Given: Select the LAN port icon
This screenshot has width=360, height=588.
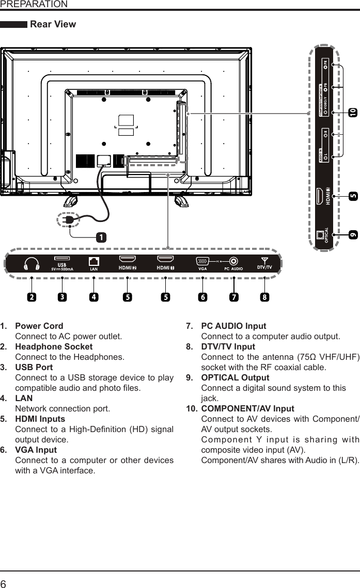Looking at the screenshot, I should (x=94, y=261).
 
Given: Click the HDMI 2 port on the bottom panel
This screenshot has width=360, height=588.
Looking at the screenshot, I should (x=128, y=260).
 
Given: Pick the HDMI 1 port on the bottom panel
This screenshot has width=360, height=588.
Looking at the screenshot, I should (x=165, y=260).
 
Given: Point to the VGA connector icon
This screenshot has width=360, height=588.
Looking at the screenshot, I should (x=202, y=261).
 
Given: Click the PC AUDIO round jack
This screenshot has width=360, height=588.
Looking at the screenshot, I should (x=234, y=262).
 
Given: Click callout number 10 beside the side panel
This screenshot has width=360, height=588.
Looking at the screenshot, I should (x=352, y=112).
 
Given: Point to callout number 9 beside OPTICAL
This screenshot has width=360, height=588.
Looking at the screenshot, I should (x=352, y=235).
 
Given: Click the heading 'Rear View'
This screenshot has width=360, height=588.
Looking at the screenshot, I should (x=53, y=24).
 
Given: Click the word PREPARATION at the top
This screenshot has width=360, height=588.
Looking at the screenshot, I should (x=34, y=4).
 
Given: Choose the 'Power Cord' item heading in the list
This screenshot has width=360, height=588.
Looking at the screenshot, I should (x=39, y=326).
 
